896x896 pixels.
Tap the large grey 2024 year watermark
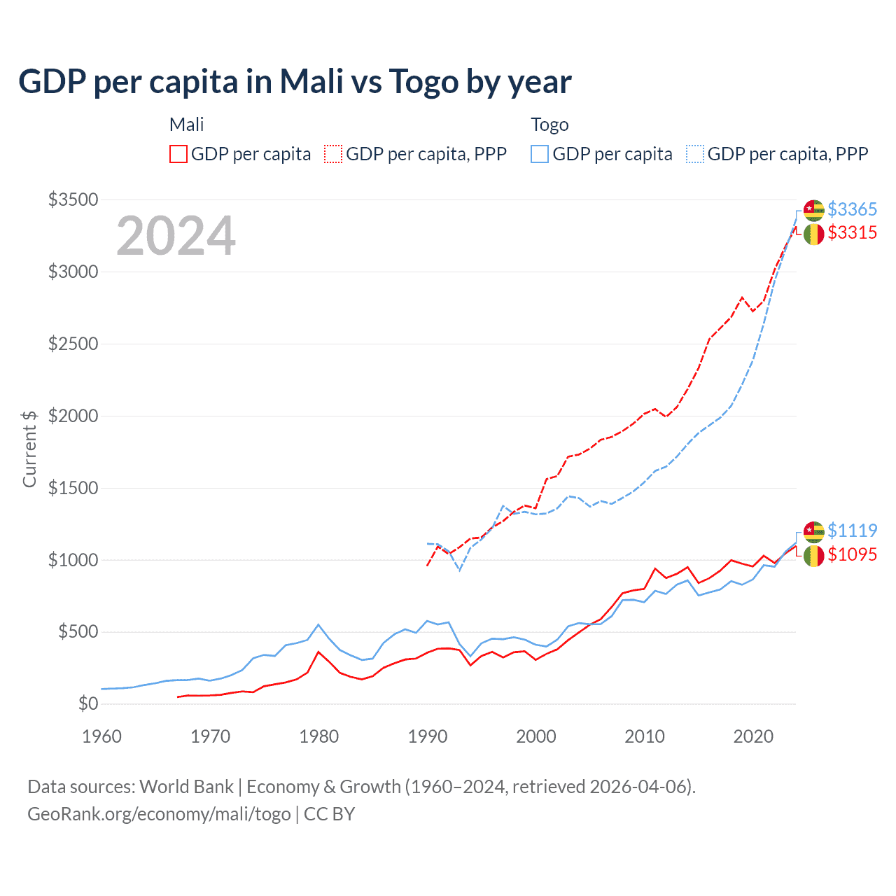[x=176, y=237]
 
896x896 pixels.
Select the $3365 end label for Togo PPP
[x=852, y=209]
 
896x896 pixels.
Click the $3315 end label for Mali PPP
[x=852, y=232]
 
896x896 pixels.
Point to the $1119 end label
[x=852, y=531]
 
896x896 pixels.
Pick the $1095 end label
[x=852, y=554]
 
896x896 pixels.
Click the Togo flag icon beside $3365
[x=813, y=209]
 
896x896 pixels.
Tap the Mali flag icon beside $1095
[x=813, y=556]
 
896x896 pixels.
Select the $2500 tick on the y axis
[x=73, y=344]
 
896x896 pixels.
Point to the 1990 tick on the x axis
[x=427, y=736]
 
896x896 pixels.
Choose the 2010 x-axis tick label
[x=644, y=736]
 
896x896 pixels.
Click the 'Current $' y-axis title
[x=29, y=449]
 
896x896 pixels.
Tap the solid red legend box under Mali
[x=178, y=154]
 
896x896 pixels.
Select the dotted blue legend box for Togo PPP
[x=695, y=154]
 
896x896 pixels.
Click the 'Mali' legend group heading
[x=186, y=125]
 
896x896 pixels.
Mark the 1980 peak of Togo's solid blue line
[x=318, y=624]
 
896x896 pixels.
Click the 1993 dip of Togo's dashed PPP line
[x=460, y=570]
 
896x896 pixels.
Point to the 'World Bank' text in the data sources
[x=186, y=787]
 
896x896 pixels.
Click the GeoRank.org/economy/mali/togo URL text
[x=159, y=814]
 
